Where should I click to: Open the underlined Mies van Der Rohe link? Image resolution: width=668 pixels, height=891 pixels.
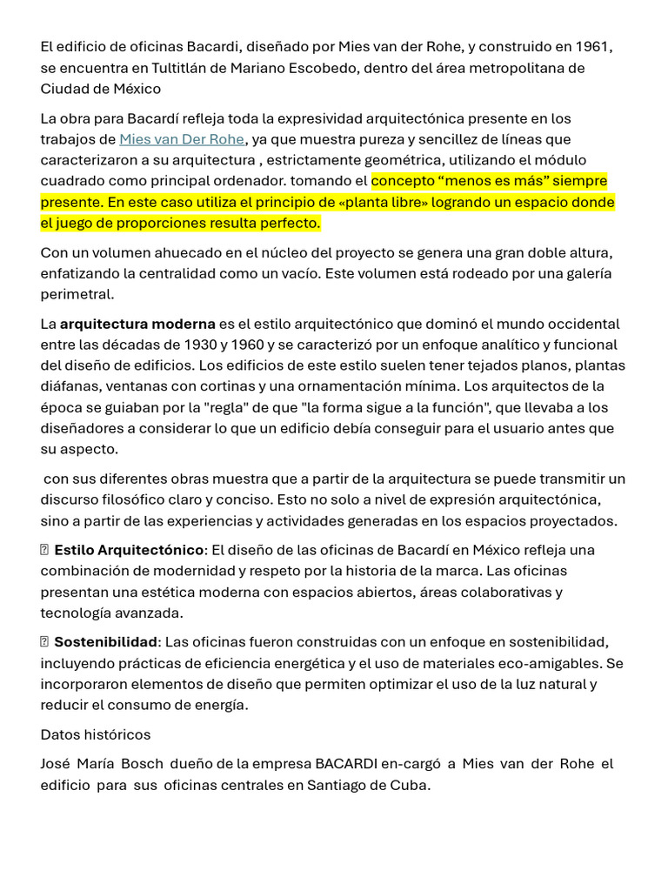click(x=182, y=139)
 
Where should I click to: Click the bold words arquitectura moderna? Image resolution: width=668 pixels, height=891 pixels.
click(x=137, y=324)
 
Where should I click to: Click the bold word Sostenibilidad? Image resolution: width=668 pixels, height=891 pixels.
click(x=105, y=642)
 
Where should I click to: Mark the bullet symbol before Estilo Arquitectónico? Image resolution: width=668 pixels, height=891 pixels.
click(x=44, y=550)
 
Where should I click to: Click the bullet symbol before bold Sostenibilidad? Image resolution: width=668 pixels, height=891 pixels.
click(x=44, y=642)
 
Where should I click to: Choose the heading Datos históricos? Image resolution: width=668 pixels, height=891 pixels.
click(x=96, y=734)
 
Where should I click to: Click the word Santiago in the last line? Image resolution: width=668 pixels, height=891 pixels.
click(x=337, y=785)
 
